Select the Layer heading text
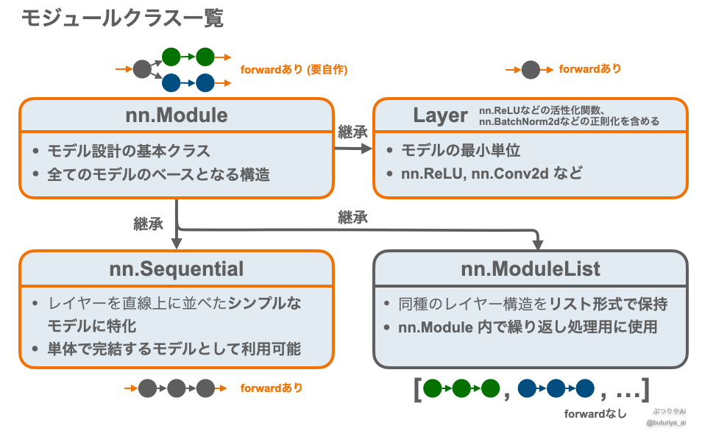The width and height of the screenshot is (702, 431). click(440, 115)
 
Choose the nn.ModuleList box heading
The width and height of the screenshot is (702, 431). click(531, 268)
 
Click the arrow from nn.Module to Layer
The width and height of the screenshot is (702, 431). click(353, 149)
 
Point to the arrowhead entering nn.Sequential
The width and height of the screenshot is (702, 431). click(177, 243)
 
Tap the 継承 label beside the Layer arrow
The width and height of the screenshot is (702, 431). click(352, 132)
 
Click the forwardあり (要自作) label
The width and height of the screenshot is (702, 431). click(294, 70)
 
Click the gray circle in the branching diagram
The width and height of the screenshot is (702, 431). click(142, 70)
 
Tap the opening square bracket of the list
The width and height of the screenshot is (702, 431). click(417, 388)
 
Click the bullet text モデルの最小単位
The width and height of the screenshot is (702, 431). click(461, 151)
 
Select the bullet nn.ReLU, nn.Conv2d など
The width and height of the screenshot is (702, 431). click(491, 174)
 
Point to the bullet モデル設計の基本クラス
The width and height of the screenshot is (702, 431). click(129, 151)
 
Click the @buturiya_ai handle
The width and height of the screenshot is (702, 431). click(666, 423)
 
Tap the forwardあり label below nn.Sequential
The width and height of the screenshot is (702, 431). click(272, 388)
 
